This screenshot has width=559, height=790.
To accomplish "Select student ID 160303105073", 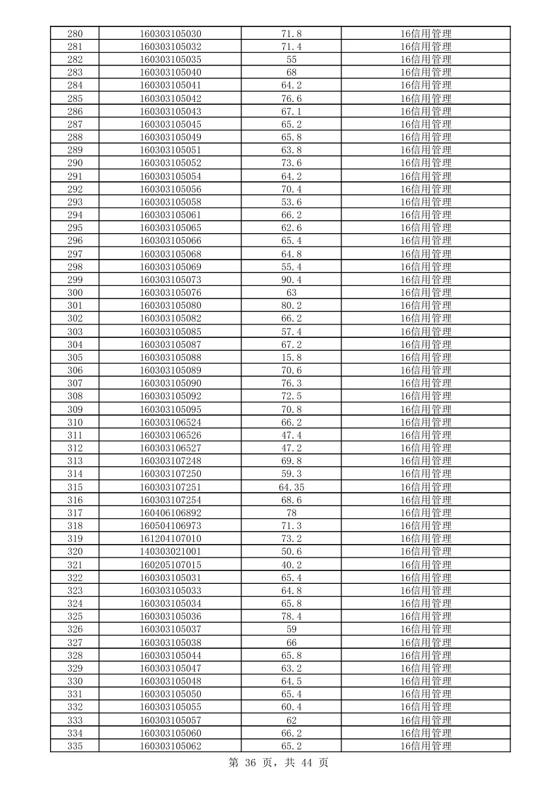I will tap(170, 280).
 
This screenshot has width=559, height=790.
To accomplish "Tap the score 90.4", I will tap(291, 280).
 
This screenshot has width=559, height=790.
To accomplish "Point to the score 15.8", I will tap(291, 357).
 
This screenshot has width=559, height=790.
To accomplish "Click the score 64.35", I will tap(291, 487).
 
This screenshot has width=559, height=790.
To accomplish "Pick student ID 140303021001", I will tap(170, 551).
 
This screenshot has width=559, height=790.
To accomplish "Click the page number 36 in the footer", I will tap(252, 763).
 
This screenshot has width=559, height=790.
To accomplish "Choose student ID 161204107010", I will tap(170, 539).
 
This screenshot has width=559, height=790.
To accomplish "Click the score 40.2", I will tap(291, 565).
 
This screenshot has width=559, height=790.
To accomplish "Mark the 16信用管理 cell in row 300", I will tap(426, 293).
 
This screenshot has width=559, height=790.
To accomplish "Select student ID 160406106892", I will tap(170, 513).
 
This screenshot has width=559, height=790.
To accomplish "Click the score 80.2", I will tap(291, 305).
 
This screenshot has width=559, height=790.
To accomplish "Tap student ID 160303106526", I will tap(170, 435).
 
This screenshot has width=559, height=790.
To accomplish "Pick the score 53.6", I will tap(291, 202).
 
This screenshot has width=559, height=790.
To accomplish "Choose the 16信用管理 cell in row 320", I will tap(426, 551).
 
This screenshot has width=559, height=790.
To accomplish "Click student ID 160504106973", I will tap(170, 526).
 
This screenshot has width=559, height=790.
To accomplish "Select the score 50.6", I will tap(291, 551).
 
